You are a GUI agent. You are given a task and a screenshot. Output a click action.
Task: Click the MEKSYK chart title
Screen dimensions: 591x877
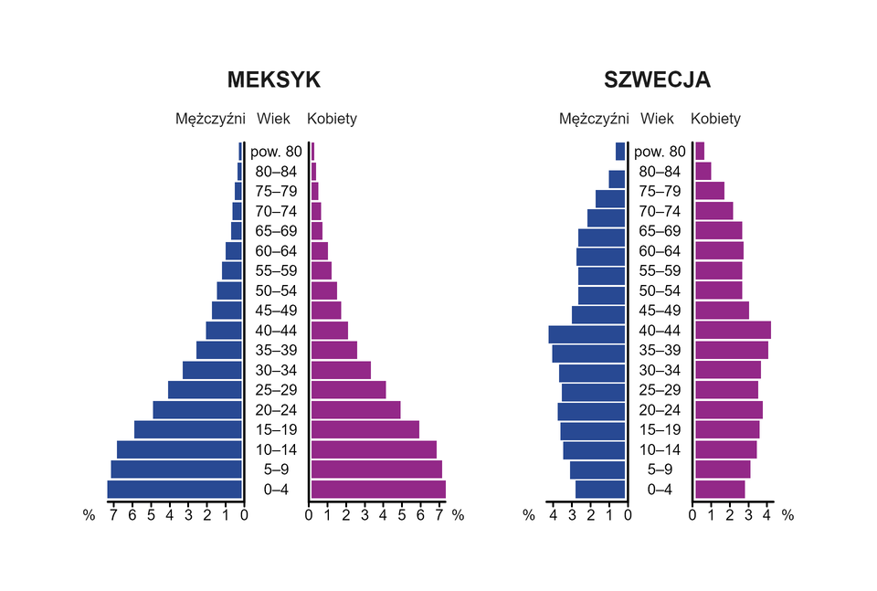pyautogui.click(x=273, y=80)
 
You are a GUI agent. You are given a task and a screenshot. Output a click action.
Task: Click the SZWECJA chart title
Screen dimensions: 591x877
pyautogui.click(x=657, y=80)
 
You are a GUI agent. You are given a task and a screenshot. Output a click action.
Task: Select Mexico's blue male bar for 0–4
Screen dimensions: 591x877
pyautogui.click(x=174, y=490)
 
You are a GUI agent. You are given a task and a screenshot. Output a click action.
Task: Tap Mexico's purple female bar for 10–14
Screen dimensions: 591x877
pyautogui.click(x=374, y=449)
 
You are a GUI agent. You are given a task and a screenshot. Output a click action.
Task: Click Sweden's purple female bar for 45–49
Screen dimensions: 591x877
pyautogui.click(x=722, y=311)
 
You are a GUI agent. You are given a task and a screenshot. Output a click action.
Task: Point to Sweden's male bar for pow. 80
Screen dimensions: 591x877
pyautogui.click(x=620, y=152)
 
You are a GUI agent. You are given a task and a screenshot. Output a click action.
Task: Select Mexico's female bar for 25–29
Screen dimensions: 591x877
pyautogui.click(x=348, y=390)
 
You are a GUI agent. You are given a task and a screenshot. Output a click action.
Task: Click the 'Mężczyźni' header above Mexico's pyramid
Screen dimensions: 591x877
pyautogui.click(x=210, y=119)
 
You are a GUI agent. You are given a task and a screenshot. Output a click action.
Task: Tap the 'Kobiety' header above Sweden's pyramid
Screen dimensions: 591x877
pyautogui.click(x=715, y=119)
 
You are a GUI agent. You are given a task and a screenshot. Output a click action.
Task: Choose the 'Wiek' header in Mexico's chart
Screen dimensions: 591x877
pyautogui.click(x=273, y=119)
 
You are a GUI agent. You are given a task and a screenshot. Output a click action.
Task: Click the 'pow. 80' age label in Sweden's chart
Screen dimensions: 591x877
pyautogui.click(x=660, y=152)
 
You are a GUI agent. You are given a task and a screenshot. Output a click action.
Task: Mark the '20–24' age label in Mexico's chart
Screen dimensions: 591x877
pyautogui.click(x=276, y=410)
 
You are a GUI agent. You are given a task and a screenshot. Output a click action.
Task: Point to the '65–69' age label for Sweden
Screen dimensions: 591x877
pyautogui.click(x=660, y=231)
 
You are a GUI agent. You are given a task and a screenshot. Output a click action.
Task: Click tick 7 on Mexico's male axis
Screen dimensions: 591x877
pyautogui.click(x=112, y=515)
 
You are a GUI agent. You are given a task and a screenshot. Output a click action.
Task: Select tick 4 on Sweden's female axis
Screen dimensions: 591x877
pyautogui.click(x=767, y=515)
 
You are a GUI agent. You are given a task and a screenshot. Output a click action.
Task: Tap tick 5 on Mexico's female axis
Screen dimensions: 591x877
pyautogui.click(x=403, y=515)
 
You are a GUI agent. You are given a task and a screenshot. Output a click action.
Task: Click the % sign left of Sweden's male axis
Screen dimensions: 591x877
pyautogui.click(x=528, y=515)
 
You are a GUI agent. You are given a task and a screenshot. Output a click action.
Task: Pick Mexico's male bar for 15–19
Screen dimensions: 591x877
pyautogui.click(x=188, y=429)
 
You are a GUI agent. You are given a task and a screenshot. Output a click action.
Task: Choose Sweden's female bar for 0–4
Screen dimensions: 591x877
pyautogui.click(x=720, y=490)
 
